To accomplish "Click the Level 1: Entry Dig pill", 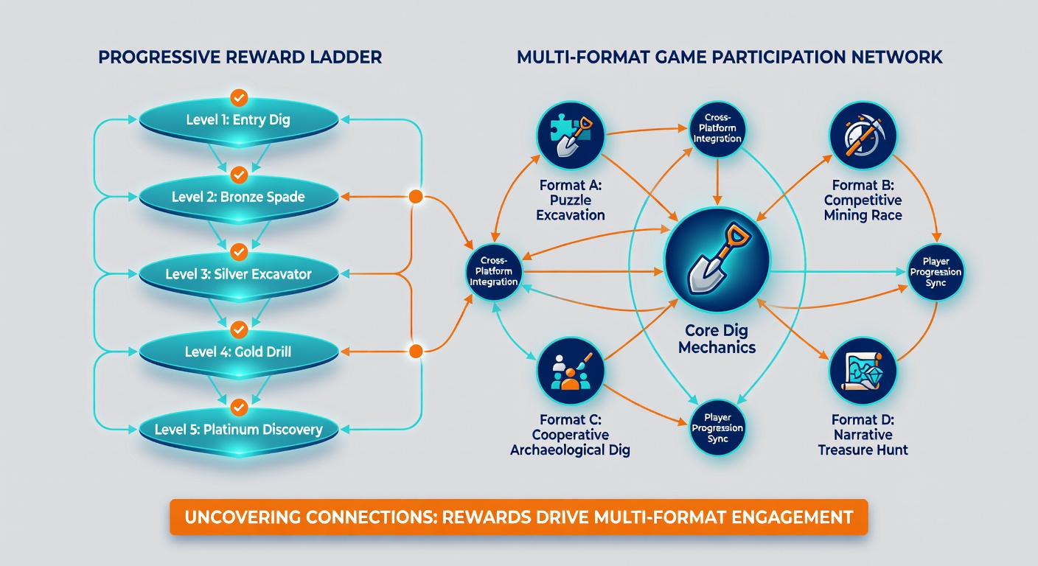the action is click(239, 120).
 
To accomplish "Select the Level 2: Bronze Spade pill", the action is click(239, 198).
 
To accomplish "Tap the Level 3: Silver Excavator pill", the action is click(239, 275).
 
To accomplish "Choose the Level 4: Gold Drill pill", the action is click(239, 352).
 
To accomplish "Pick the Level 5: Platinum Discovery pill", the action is click(239, 430).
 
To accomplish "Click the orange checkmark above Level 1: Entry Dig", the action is click(239, 98).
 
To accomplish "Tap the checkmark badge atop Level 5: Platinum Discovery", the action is click(239, 408).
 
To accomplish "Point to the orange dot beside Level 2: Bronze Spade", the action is click(416, 196).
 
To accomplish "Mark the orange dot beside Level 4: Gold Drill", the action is click(416, 351).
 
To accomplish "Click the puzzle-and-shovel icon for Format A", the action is click(571, 136).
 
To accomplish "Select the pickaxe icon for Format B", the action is click(863, 136).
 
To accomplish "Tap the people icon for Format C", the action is click(571, 371).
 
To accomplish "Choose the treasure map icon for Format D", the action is click(863, 371).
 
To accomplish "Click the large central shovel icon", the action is click(717, 260).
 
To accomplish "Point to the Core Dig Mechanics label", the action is click(717, 339).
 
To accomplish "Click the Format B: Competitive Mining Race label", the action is click(863, 200).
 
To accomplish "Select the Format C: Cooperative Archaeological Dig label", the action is click(571, 435).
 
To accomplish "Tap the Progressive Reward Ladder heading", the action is click(240, 57).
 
